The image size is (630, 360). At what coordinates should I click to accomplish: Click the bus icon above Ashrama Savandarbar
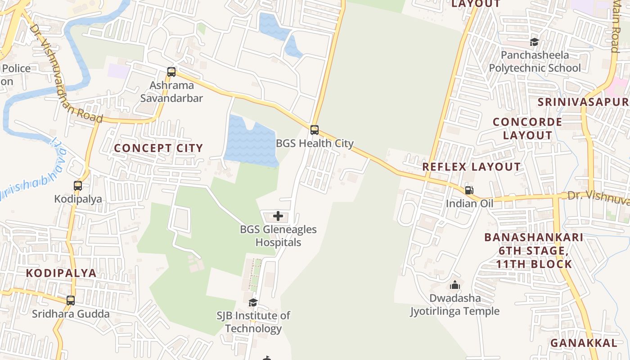coord(171,72)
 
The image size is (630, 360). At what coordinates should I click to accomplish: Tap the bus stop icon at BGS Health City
coord(315,130)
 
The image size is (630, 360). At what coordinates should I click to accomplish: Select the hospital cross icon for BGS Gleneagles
coord(278,216)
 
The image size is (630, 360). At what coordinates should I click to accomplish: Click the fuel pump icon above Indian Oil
coord(469,190)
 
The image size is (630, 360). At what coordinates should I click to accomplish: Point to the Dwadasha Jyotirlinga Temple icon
coord(454,285)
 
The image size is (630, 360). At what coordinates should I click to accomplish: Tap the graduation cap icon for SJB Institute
coord(253,302)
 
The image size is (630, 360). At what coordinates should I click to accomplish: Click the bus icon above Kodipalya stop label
coord(78,185)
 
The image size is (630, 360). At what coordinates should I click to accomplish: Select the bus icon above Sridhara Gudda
coord(71,301)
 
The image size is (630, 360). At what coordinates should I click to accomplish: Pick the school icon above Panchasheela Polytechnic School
coord(534,42)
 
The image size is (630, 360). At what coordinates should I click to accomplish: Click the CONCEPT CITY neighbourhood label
coord(158,148)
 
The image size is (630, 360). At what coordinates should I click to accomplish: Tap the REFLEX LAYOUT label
coord(471,166)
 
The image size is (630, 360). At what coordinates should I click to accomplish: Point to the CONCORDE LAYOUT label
coord(527,128)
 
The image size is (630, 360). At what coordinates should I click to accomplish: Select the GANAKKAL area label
coord(584,343)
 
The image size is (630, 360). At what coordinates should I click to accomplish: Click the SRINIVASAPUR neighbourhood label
coord(584,102)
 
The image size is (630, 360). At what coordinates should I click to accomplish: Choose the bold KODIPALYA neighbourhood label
coord(61,273)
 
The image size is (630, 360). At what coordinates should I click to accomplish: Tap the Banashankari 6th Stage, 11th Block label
coord(534,251)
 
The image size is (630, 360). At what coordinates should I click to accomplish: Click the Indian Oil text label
coord(469,203)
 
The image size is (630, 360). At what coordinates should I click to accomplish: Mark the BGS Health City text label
coord(315,144)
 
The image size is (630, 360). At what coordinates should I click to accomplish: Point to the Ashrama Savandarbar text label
coord(171,92)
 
